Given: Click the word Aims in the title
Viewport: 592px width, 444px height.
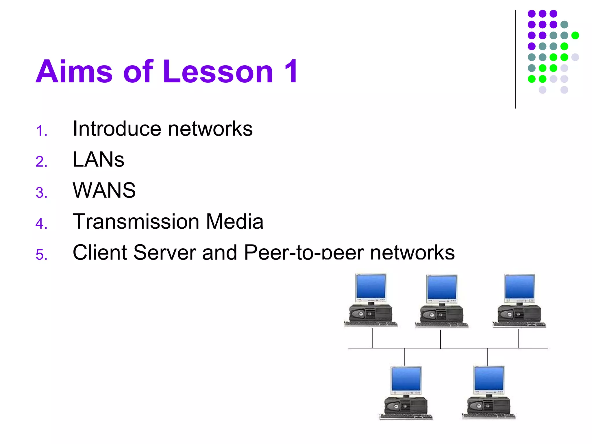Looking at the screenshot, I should coord(74,72).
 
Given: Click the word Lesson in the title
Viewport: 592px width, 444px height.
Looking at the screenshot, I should coord(218,72).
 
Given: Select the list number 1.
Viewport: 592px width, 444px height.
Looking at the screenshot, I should coord(41,131).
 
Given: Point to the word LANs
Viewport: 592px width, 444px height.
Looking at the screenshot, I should coord(98,160).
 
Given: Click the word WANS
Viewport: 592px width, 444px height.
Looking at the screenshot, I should coord(104,190).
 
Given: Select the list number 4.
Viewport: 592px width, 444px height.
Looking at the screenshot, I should coord(41,223).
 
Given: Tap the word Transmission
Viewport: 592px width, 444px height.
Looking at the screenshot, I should coord(136,221).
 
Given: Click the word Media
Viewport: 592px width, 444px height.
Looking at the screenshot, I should coord(234,221).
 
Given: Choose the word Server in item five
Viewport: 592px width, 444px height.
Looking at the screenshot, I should coord(165,252).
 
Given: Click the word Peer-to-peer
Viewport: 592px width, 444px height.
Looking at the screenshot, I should coord(304,252).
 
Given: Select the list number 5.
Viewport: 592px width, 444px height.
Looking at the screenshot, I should coord(41,255).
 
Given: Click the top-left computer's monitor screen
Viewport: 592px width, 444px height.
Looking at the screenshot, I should coord(371,286).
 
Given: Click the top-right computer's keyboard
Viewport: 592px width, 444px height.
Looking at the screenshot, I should coord(519,325).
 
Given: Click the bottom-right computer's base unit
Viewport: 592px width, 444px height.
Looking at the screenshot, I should coord(489,406).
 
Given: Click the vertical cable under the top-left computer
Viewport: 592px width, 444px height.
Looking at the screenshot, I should coord(372,338).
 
